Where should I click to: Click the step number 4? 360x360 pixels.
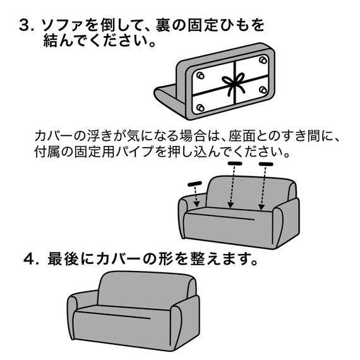(x=28, y=260)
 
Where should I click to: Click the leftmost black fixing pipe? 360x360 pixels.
(x=194, y=184)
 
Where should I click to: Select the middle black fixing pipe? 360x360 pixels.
(x=236, y=164)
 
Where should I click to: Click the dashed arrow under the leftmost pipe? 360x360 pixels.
(x=196, y=197)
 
